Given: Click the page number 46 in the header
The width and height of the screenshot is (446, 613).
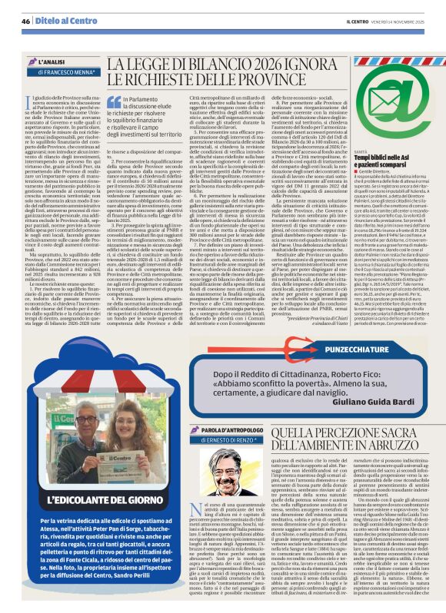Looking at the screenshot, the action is (25, 21).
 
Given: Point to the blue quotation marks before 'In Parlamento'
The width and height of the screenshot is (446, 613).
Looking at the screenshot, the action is (114, 101).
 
